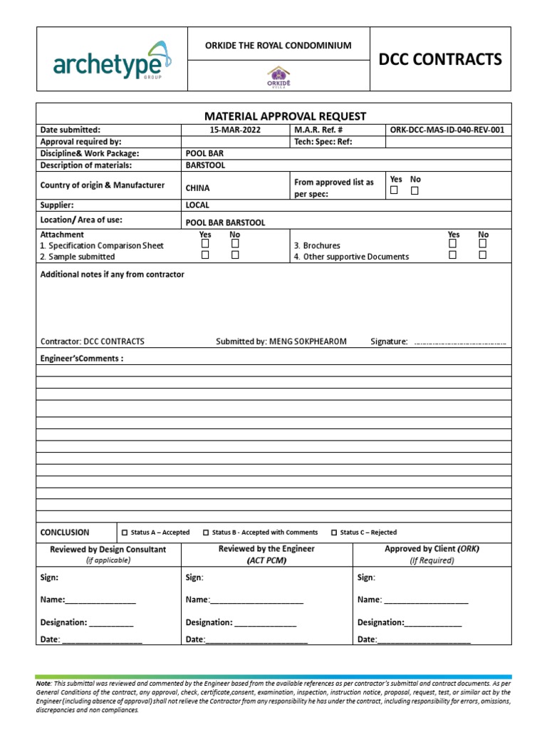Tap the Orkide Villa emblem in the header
point(278,76)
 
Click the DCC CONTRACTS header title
point(440,59)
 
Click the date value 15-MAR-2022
point(234,130)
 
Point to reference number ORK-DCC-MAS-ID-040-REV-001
point(447,130)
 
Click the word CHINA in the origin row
point(197,189)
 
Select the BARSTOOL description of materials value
point(201,165)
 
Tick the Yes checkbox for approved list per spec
point(394,191)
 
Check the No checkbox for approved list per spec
point(415,191)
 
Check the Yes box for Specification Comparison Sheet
point(205,244)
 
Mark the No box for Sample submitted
point(235,255)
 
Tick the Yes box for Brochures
point(453,244)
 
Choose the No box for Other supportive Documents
point(483,255)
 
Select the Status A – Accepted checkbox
point(125,533)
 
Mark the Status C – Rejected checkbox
point(334,533)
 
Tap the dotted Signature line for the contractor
point(460,343)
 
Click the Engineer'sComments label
point(82,359)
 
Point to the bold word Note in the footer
point(43,683)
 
